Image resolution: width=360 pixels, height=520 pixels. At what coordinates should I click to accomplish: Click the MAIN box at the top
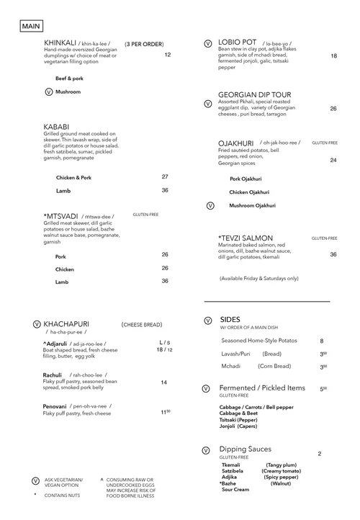click(31, 25)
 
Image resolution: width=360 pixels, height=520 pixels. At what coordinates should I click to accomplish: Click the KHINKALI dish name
click(62, 43)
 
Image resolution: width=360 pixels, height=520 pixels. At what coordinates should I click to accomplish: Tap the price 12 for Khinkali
click(167, 55)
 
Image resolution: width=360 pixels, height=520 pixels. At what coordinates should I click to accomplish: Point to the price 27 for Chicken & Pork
click(165, 176)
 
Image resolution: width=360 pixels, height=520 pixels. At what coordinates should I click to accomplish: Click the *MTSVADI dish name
click(62, 215)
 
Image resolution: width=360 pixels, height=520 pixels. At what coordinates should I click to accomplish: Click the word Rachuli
click(53, 375)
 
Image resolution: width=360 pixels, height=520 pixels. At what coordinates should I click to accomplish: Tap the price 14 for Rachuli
click(164, 382)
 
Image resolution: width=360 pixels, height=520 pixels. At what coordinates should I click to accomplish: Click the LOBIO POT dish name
click(238, 43)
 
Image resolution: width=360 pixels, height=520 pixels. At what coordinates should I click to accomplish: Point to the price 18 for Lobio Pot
click(333, 56)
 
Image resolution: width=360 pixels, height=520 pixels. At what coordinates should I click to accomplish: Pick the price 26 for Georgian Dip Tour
click(333, 109)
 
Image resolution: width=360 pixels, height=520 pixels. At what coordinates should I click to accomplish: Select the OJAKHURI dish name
click(237, 143)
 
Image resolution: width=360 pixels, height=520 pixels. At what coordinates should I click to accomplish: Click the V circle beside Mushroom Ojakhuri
click(210, 205)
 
